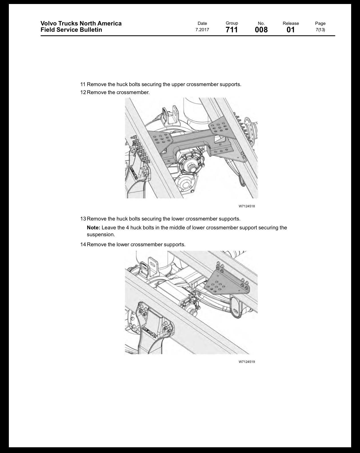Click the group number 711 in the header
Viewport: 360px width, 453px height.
232,30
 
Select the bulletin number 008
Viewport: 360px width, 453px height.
261,30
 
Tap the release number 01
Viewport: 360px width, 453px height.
291,30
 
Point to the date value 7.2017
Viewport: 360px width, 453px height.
202,30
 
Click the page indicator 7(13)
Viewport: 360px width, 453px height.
320,30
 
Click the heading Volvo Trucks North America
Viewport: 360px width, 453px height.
81,23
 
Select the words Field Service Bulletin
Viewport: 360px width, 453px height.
71,30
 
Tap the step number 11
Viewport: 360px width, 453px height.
83,84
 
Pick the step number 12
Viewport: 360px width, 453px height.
83,92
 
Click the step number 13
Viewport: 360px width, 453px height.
83,219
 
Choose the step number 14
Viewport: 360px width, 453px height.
83,245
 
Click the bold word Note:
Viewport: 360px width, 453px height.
94,228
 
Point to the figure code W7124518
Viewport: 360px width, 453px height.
247,206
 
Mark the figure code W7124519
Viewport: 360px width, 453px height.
247,362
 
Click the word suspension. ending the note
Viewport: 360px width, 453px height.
101,235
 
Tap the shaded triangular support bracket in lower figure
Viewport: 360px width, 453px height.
223,284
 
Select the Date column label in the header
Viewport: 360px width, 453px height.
202,23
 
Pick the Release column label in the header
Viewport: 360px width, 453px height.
291,23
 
